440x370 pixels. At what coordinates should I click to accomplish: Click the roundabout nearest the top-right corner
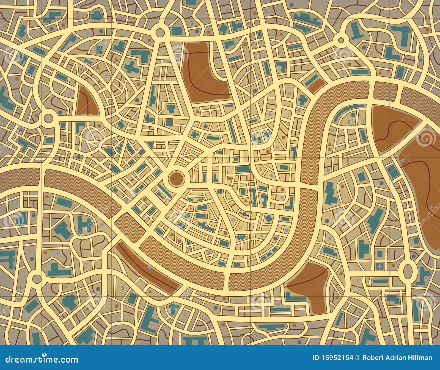pos(341,40)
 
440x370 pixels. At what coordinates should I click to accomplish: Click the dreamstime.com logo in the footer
pos(40,359)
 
